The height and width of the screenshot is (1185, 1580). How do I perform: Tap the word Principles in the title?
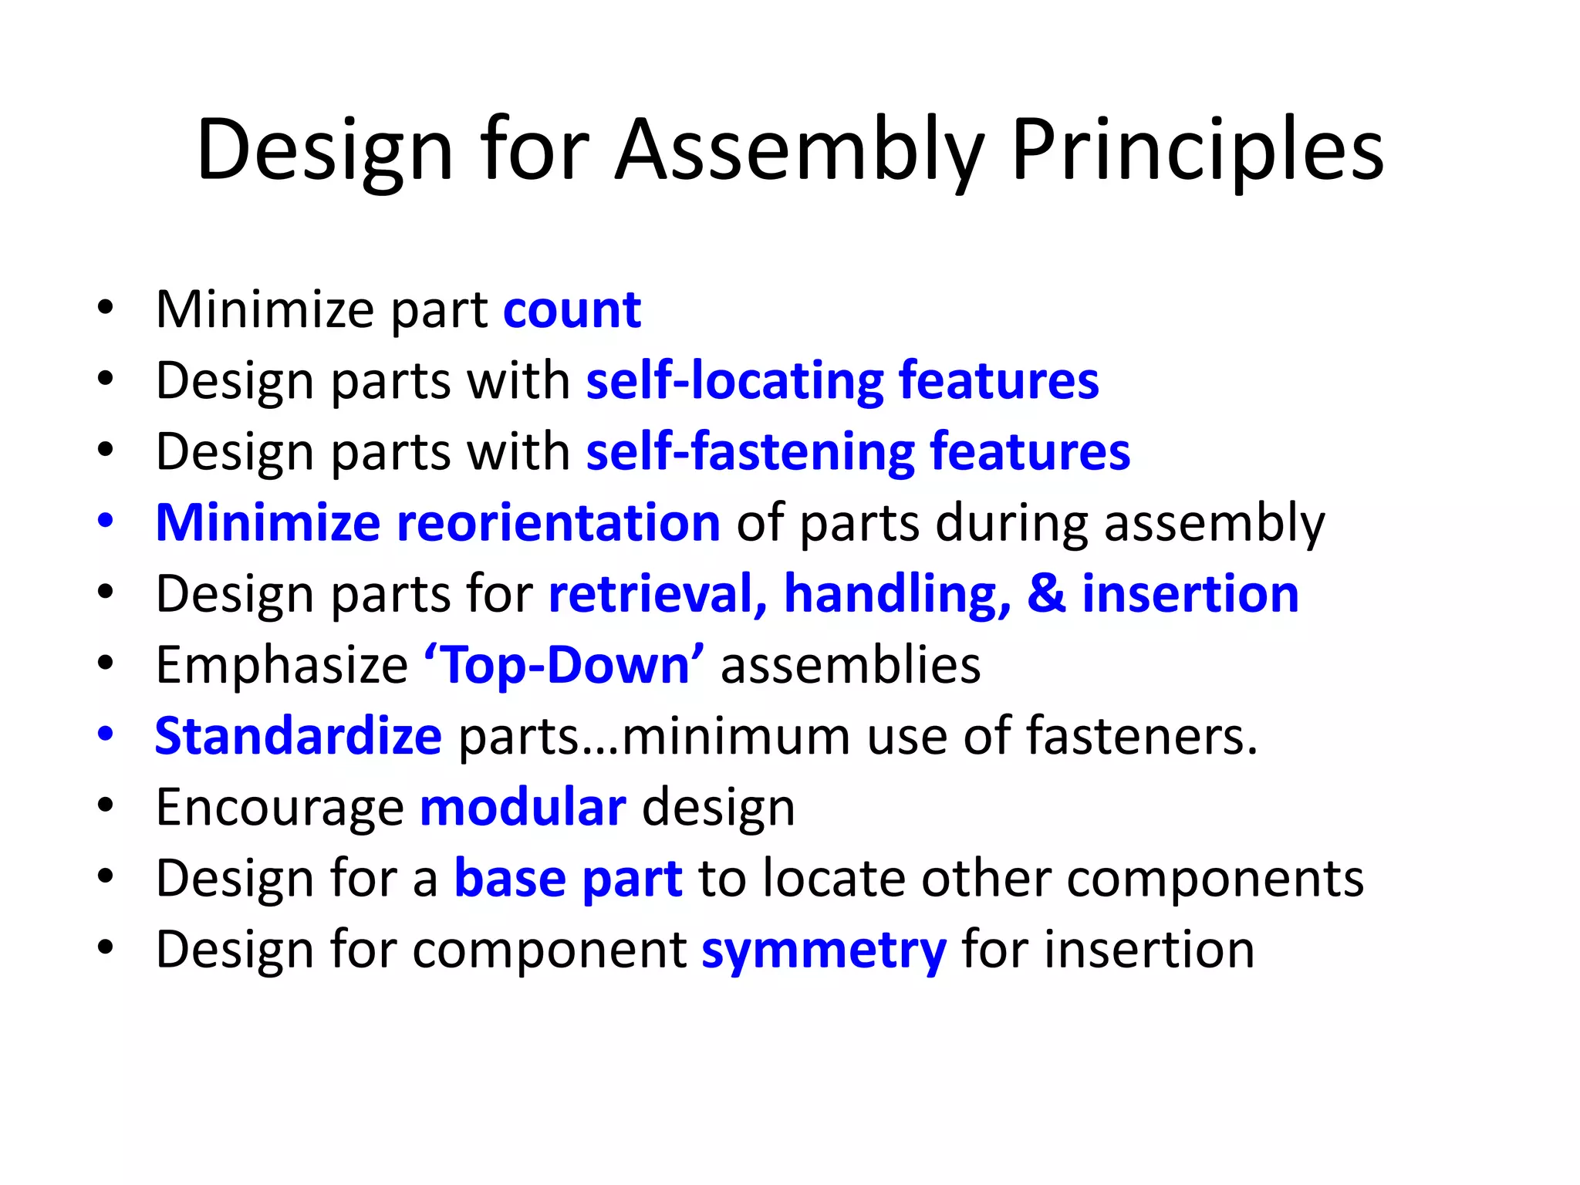[1197, 150]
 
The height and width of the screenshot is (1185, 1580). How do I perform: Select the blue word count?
[572, 310]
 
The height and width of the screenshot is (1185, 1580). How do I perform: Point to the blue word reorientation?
[559, 523]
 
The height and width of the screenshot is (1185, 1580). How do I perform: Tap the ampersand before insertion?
[1046, 594]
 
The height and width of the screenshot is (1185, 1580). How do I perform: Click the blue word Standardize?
[299, 736]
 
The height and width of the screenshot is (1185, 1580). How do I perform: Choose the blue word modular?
[523, 808]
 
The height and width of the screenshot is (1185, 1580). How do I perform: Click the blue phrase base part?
[568, 879]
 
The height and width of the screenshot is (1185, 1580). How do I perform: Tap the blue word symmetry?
[823, 950]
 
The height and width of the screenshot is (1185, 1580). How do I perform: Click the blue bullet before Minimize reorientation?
[106, 520]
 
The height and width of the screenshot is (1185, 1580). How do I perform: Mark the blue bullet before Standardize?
[106, 733]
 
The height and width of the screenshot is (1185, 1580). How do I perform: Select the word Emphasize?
[282, 665]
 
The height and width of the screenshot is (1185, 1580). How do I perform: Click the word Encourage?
[280, 808]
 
